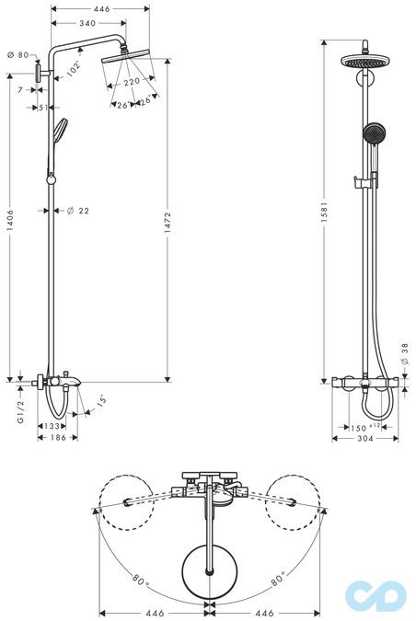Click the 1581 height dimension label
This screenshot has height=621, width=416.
325,212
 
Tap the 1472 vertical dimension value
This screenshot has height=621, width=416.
168,223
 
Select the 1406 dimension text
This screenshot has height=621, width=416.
10,220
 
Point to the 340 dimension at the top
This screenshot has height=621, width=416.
87,23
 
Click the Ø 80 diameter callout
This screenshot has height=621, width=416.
18,55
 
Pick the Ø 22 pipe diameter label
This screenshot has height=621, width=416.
78,211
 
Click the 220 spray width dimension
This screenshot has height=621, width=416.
132,82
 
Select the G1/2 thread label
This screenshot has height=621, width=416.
20,411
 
